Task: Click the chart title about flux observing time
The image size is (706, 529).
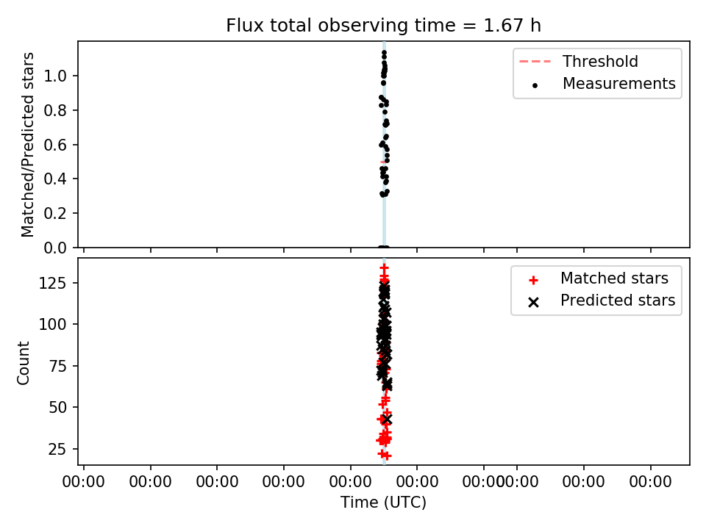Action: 383,25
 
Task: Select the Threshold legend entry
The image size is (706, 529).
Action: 579,61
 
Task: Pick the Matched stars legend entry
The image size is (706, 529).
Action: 599,278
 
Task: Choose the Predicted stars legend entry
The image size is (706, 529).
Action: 602,301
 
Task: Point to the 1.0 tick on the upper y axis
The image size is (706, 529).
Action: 55,76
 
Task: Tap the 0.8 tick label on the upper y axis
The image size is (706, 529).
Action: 55,110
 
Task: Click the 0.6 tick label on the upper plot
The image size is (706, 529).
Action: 55,145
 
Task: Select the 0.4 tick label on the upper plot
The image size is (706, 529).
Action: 55,179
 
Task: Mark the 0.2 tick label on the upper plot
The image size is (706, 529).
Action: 55,213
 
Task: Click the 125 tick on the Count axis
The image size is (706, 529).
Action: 53,283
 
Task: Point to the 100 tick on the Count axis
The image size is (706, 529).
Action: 53,324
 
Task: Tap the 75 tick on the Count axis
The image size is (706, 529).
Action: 57,366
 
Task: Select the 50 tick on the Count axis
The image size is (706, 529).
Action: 57,407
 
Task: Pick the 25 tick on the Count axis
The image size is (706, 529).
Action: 57,449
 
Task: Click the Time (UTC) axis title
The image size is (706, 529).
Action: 383,502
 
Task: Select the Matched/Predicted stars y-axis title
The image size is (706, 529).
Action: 27,145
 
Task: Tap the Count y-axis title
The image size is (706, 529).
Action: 23,363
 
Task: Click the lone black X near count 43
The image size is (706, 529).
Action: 386,420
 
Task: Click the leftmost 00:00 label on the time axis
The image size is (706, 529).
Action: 84,482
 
